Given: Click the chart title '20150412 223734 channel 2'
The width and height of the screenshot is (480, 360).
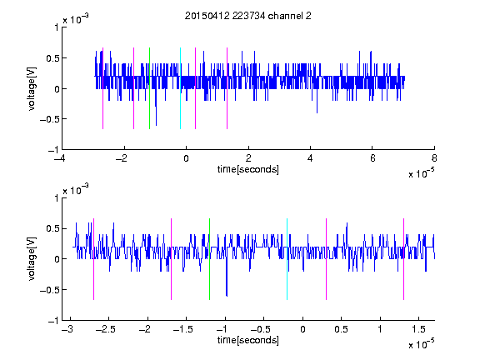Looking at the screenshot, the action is pos(248,16).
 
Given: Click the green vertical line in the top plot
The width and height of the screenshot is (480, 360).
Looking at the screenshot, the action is pos(149,88).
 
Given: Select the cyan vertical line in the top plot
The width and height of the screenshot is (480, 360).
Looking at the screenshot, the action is pos(180,88).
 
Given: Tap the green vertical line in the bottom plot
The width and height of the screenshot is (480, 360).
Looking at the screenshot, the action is pos(209,259).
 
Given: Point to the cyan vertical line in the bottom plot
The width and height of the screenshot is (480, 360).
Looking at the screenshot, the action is pos(287,259).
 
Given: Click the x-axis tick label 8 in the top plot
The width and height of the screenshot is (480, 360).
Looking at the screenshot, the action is pos(434,158).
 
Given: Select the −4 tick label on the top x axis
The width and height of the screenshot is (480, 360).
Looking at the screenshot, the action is pos(60,158).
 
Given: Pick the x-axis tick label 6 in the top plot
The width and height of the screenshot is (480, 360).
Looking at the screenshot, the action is pos(372,158).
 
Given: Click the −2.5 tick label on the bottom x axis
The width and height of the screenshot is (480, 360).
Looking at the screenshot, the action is pos(105,329).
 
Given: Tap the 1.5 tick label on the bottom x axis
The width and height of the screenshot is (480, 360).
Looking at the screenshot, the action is pos(418,329).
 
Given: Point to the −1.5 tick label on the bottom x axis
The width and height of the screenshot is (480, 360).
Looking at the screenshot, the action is pos(182,329).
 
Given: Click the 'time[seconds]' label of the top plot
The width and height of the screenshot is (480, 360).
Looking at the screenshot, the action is pos(248,169).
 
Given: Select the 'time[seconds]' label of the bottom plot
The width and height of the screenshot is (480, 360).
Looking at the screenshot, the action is pos(248,340).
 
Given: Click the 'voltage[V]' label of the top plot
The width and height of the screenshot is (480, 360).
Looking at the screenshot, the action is pos(32,88).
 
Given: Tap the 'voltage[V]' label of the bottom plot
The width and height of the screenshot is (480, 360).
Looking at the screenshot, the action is pos(32,259).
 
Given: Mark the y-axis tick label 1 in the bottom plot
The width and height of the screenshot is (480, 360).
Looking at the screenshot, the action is pos(57,198).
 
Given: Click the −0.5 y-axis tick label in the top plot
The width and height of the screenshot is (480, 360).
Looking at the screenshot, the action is pos(49,119).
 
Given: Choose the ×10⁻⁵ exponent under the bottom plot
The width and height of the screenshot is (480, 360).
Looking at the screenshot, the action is pos(421,343).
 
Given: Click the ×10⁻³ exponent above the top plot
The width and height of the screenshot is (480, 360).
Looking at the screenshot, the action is pos(76,19).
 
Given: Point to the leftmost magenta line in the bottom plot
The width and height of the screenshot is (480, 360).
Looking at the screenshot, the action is pos(93,259).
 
